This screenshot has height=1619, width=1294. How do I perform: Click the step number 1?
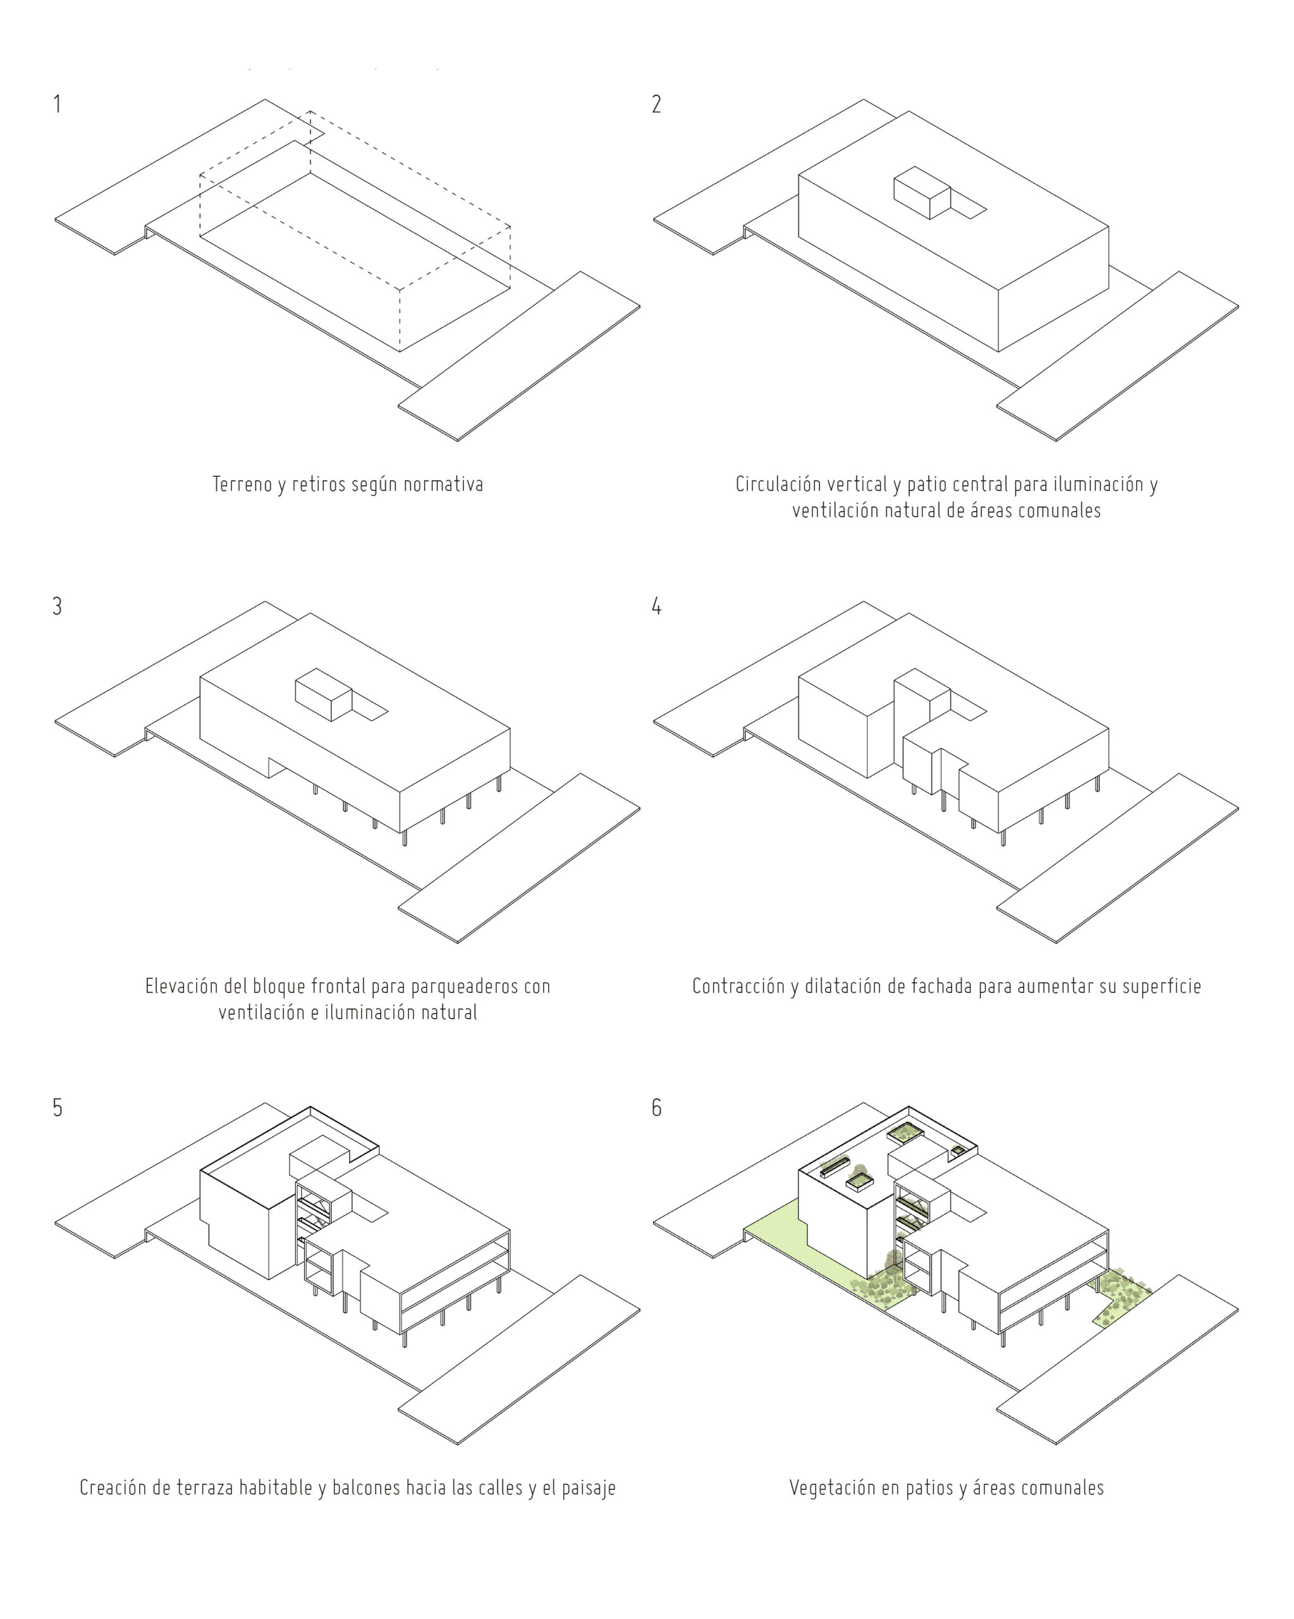pos(57,104)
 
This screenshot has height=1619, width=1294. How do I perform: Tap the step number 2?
pos(656,104)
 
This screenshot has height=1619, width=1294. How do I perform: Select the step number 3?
pos(57,606)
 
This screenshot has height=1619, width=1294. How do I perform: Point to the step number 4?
pos(656,606)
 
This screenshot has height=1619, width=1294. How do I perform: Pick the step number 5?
pos(57,1107)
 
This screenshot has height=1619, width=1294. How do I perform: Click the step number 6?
pos(656,1107)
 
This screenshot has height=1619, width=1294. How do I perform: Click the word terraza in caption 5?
pos(204,1487)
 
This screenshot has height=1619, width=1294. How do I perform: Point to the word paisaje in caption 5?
pos(588,1487)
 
